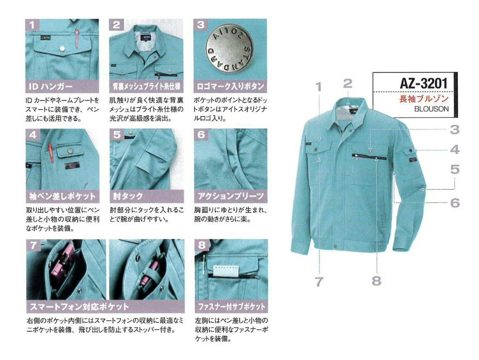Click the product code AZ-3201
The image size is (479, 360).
coord(424,84)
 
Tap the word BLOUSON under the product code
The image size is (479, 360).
coord(431,109)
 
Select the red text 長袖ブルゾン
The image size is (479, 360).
coord(424,99)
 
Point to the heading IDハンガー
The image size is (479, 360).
coord(51,87)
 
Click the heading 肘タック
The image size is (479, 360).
coord(128,196)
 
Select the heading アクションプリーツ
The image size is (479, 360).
coord(231,196)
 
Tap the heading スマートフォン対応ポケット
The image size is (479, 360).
coord(79,306)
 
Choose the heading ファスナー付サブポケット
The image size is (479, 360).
coord(231,306)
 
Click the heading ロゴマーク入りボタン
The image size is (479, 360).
coord(230,87)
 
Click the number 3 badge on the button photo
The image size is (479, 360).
coord(200,25)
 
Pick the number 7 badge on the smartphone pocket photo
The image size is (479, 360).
coord(33,245)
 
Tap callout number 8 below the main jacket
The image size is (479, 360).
coord(376,281)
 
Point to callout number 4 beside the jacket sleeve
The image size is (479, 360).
coord(455,150)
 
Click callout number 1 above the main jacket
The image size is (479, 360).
coord(319,87)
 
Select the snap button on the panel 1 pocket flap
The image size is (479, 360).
coord(62,49)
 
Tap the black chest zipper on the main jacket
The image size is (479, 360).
coord(369,157)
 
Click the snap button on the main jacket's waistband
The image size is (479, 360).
coord(335,247)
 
